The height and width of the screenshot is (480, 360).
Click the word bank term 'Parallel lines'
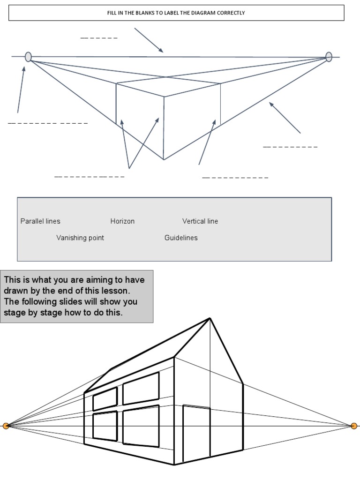pos(40,221)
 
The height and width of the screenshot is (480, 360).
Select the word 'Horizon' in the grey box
pos(122,221)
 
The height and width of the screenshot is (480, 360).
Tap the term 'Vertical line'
pos(200,221)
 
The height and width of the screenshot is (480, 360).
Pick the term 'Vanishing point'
pos(80,238)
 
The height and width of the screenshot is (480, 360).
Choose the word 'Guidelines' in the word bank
pos(181,238)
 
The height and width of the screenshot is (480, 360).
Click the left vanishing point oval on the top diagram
pos(28,57)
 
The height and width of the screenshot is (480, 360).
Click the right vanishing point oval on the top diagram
pos(329,57)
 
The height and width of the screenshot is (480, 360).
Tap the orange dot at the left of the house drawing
pos(6,426)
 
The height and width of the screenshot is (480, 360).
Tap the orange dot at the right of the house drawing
pos(354,426)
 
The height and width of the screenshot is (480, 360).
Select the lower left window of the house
pos(105,426)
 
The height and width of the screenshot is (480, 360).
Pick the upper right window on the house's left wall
pos(141,388)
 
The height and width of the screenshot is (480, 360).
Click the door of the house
pos(196,433)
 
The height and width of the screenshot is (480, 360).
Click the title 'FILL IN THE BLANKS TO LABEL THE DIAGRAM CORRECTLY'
pos(176,13)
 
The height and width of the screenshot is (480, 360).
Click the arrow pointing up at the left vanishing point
pos(21,89)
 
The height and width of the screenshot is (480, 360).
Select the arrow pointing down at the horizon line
pos(149,40)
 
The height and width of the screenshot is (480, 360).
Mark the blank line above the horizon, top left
pos(99,37)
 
